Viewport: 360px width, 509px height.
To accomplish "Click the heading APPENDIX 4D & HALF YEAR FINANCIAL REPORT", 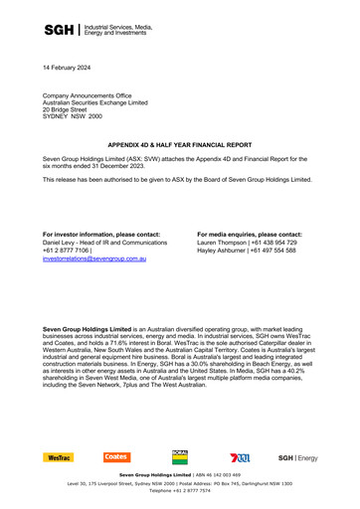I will [x=179, y=143].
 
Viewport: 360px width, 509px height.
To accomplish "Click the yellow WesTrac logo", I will [x=59, y=457].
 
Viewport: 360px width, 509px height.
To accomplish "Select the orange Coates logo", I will [x=116, y=457].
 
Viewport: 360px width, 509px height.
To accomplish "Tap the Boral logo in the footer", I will [x=180, y=456].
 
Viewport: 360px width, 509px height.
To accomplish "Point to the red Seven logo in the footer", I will [x=240, y=457].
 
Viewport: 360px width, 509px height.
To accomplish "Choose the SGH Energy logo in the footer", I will [x=298, y=457].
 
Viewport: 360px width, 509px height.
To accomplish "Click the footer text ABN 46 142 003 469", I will [x=217, y=476].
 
